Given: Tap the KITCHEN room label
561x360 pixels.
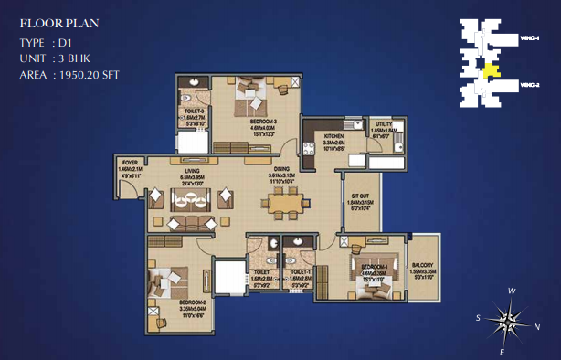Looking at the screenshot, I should pos(333,135).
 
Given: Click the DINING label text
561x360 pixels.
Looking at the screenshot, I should pos(280,168).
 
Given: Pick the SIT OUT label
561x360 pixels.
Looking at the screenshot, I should pos(359,195).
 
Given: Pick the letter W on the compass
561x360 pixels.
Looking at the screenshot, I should pos(513,291).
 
